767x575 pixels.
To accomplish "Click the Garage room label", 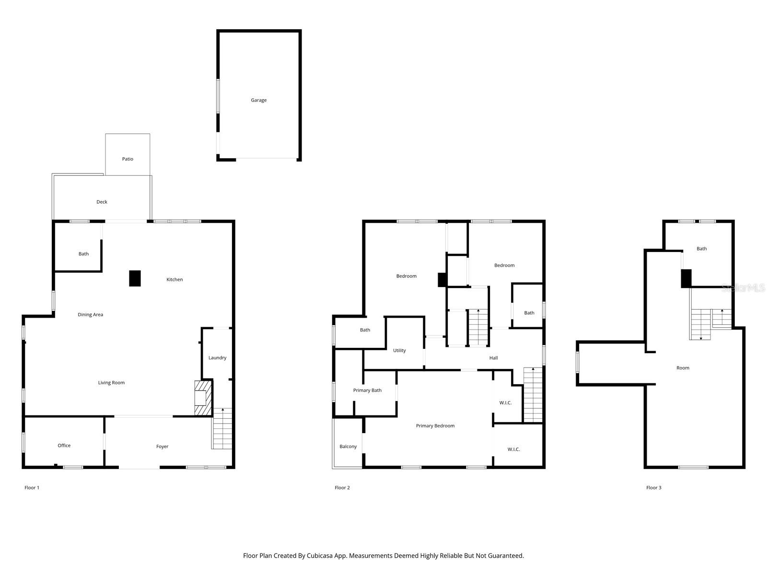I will [x=258, y=100].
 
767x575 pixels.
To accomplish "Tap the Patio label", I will [x=128, y=159].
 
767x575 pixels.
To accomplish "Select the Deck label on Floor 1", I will [x=102, y=202].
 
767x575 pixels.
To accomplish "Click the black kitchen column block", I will [x=135, y=278].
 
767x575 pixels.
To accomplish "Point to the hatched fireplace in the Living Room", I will [x=203, y=398].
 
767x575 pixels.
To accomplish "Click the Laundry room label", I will [x=217, y=358].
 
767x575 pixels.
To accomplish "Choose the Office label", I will [x=64, y=446].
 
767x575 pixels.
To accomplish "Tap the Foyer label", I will [x=162, y=447].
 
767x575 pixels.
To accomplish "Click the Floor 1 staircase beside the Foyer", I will [x=222, y=429].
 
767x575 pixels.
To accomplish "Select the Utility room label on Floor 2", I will [x=399, y=351].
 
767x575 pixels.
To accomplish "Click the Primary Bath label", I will [x=367, y=391].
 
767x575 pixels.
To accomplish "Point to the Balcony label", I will [x=348, y=447].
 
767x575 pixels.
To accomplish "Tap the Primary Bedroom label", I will [x=435, y=426].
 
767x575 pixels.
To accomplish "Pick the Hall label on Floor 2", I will [x=493, y=358].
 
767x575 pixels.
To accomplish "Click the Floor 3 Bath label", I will [x=701, y=249].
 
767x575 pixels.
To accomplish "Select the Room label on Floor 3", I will [x=683, y=368].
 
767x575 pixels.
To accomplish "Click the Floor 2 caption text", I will [x=342, y=488].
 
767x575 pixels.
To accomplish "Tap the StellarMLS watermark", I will [x=743, y=288].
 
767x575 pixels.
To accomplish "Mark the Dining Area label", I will [x=90, y=315].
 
